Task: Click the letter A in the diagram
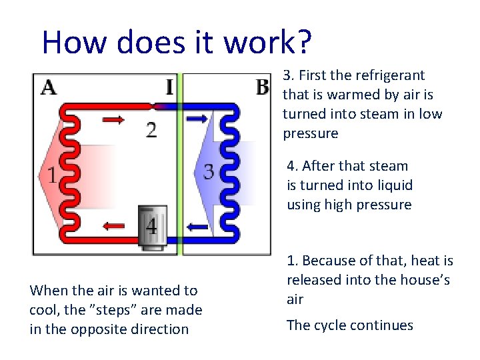[49, 87]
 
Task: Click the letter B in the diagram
[262, 87]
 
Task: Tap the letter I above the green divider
[170, 87]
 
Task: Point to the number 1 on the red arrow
[51, 175]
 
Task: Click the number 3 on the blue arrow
[209, 172]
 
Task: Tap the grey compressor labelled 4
[152, 228]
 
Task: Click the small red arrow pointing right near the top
[113, 120]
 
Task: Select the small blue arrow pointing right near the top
[197, 119]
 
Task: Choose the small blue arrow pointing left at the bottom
[197, 227]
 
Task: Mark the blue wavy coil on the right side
[229, 172]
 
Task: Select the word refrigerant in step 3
[389, 75]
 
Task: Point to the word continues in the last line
[384, 325]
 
